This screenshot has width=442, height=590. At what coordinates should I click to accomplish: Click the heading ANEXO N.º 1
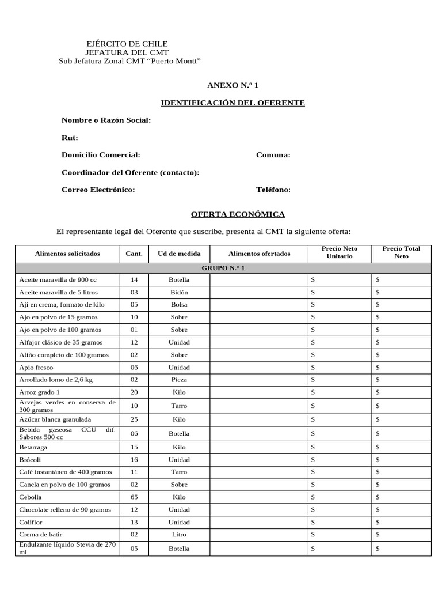coord(233,85)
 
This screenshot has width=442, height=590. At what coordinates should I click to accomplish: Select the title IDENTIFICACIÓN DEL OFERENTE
coord(233,103)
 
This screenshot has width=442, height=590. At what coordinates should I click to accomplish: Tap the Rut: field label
coord(70,138)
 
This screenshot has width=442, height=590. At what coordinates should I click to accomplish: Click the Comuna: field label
coord(273,155)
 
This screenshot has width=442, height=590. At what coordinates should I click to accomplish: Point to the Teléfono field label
coord(273,190)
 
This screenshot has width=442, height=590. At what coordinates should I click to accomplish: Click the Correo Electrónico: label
coord(98,190)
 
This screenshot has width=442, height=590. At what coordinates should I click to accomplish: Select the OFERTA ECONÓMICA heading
coord(238,214)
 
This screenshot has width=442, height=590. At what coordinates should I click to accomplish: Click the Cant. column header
coord(134,254)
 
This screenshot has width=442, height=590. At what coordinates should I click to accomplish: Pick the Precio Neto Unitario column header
coord(340,252)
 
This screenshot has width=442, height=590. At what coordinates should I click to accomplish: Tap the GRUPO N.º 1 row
coord(223,268)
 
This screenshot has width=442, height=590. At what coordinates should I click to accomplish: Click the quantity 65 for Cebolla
coord(134,497)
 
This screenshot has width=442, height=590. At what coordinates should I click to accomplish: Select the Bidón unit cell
coord(179,292)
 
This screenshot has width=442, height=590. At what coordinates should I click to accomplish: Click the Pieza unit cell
coord(179,380)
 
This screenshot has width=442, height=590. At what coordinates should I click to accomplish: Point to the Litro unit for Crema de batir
coord(179,535)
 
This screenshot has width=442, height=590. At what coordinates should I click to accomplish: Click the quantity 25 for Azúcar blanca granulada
coord(134,419)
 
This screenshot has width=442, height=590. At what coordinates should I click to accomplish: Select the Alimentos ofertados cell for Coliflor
coord(258,523)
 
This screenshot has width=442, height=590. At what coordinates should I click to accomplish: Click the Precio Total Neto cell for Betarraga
coord(401,447)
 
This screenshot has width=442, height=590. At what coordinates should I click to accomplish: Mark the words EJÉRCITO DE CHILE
coord(127,44)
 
